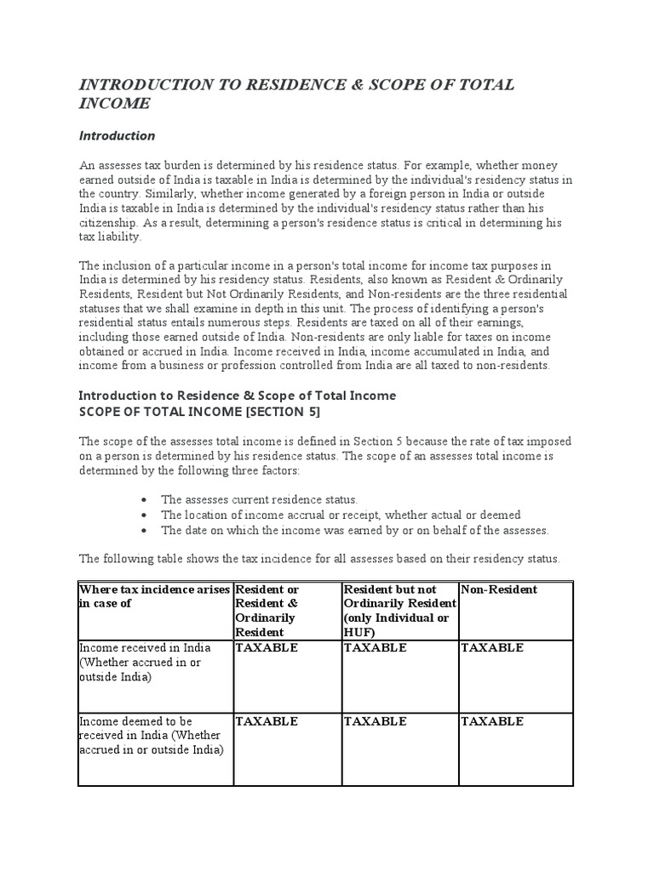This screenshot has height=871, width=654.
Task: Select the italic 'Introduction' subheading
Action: [x=117, y=135]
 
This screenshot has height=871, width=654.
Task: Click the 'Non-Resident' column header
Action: [x=499, y=589]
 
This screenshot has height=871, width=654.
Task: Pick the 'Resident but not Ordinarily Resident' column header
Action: [x=399, y=610]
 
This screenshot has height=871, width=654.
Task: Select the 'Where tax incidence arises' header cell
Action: [x=153, y=596]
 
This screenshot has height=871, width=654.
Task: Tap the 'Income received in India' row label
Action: [x=143, y=662]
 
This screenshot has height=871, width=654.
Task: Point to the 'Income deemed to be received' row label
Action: [x=152, y=736]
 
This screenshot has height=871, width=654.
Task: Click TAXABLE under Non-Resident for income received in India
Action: [x=492, y=647]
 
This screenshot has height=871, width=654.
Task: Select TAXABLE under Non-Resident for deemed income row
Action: [x=492, y=721]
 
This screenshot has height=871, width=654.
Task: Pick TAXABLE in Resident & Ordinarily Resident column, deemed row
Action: [x=267, y=721]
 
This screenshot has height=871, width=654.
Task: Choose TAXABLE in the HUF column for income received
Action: [x=375, y=647]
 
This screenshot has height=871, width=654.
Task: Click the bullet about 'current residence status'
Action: [x=259, y=499]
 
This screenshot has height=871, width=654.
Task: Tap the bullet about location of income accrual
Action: [x=341, y=515]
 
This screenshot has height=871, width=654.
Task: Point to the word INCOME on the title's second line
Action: [x=114, y=104]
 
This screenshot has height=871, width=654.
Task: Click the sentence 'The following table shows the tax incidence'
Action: [x=319, y=559]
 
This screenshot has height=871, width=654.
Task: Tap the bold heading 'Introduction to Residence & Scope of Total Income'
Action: [x=238, y=396]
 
